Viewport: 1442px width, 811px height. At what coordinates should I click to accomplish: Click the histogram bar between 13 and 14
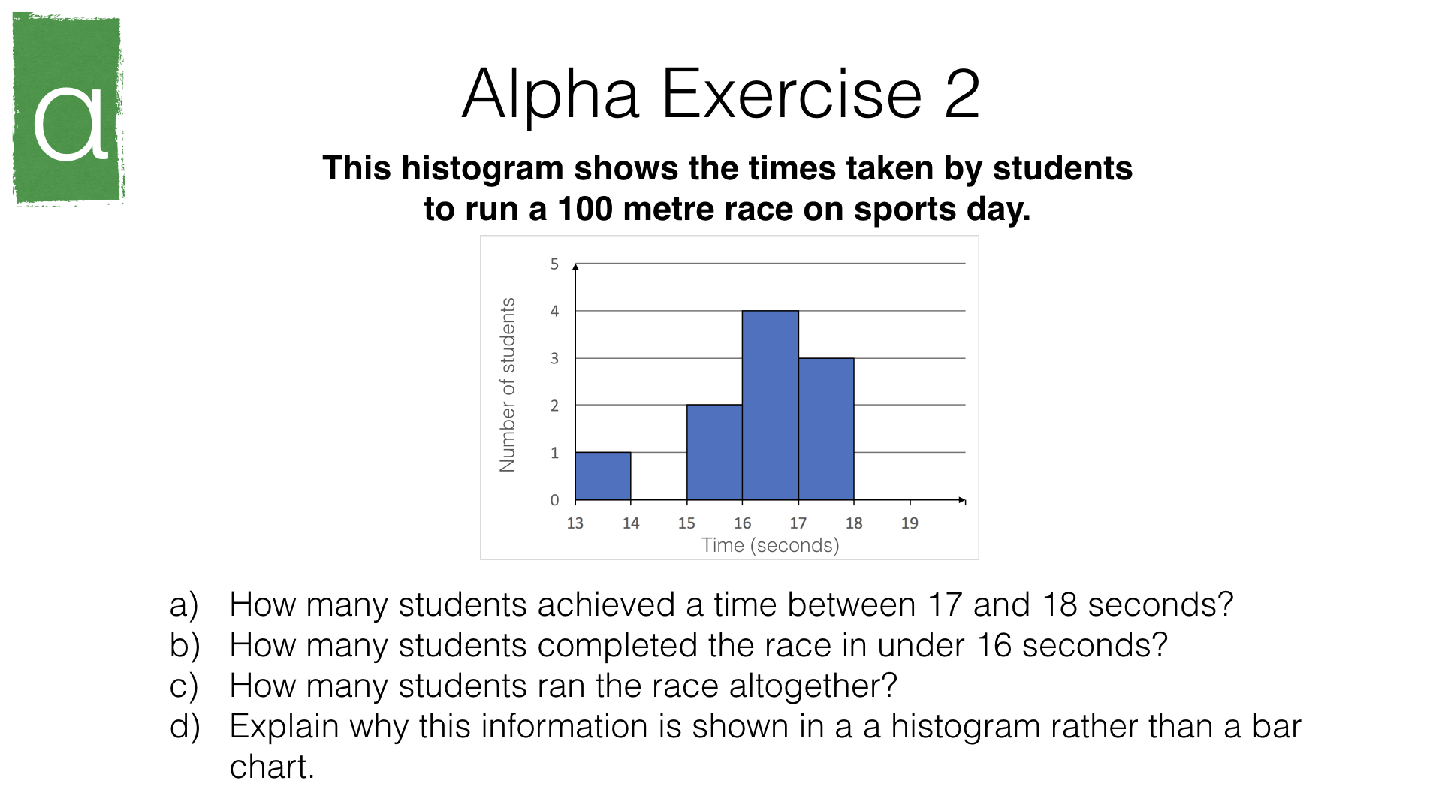603,476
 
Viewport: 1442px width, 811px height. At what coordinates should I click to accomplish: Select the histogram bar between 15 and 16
714,453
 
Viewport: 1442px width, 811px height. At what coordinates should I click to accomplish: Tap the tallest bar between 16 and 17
771,405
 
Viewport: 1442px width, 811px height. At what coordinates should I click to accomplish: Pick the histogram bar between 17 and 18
826,430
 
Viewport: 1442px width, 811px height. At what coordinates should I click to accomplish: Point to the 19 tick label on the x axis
910,523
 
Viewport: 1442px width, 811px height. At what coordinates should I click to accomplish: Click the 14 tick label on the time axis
631,523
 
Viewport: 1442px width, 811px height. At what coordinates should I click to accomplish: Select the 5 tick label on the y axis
554,264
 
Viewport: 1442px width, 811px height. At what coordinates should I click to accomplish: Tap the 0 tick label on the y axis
554,500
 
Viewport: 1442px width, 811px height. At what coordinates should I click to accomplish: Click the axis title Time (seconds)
771,545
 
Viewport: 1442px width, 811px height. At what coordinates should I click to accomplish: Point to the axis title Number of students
508,384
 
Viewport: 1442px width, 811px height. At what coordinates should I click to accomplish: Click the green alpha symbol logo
68,108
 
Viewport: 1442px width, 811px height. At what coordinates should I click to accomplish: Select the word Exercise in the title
792,94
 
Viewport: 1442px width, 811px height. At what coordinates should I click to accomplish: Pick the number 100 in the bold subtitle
585,209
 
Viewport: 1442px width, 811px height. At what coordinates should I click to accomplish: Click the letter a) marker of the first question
184,605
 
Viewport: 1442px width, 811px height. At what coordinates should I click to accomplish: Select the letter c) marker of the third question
184,686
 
